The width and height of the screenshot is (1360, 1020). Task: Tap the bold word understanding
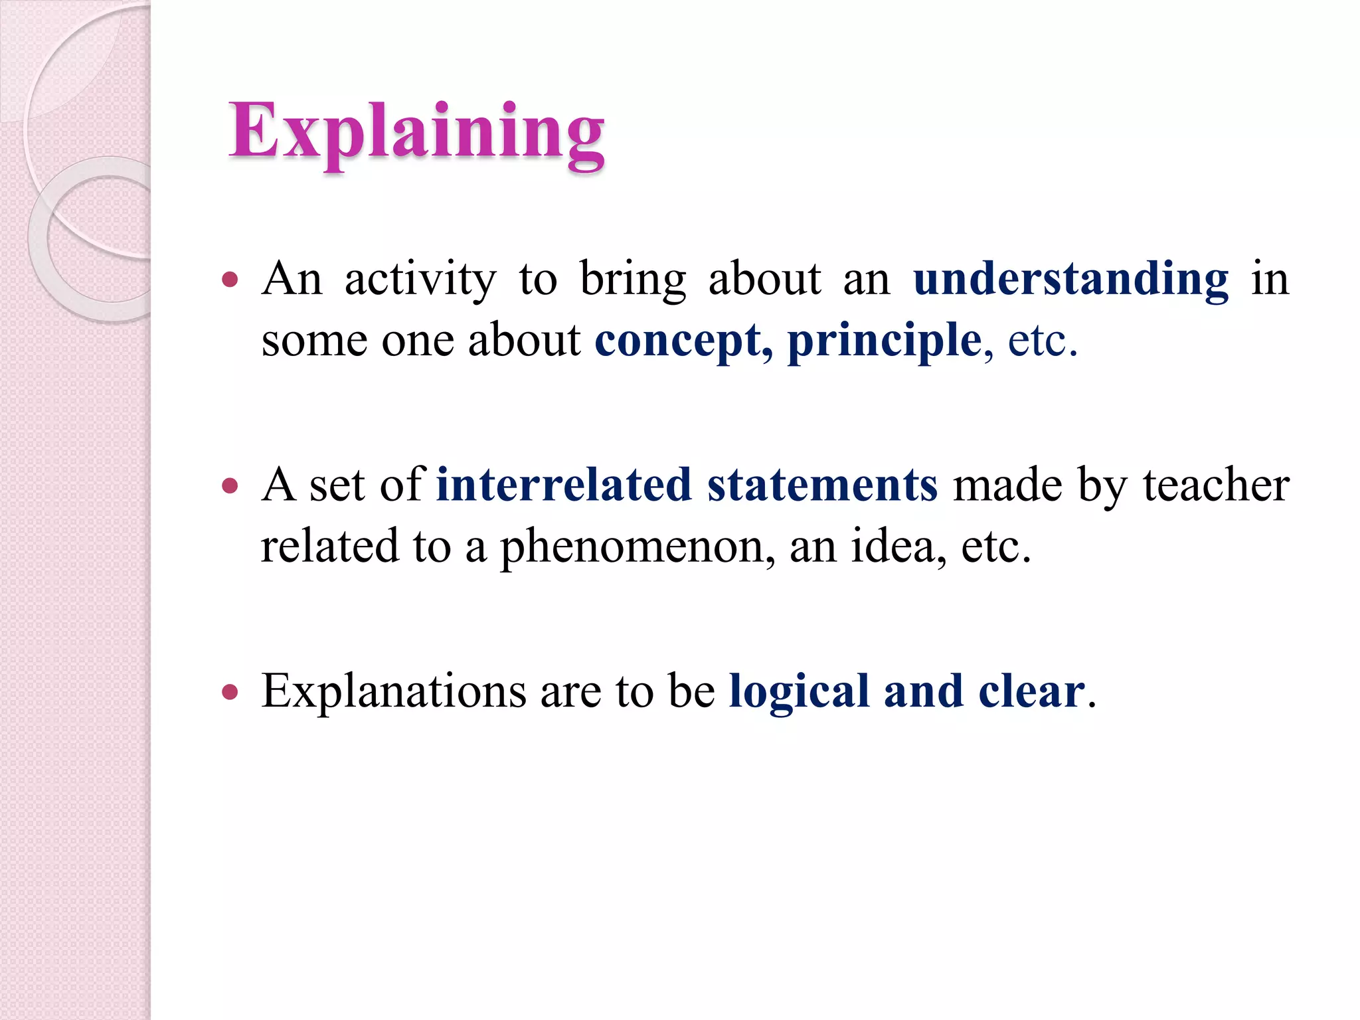1070,279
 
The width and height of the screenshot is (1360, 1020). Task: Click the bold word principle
884,341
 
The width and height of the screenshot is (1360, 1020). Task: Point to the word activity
420,280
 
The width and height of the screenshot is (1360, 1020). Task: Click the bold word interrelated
564,485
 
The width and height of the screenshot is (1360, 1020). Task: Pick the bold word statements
822,485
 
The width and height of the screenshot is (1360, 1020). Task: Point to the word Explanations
394,692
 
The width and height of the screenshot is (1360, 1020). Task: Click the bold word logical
799,692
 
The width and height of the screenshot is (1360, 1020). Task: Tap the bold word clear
1031,692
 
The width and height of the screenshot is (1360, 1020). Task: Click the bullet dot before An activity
230,280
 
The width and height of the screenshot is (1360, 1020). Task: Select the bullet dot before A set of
230,486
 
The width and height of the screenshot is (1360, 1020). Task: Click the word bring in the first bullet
632,280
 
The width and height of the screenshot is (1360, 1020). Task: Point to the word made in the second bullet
1007,485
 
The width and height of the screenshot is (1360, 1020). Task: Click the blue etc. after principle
1041,341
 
